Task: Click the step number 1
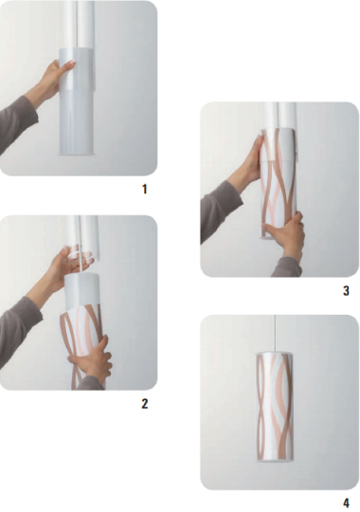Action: [145, 189]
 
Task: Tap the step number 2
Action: [145, 404]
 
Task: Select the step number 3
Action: [346, 291]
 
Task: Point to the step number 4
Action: [346, 503]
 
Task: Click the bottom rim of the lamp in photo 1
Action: [77, 154]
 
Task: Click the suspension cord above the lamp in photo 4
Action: [276, 334]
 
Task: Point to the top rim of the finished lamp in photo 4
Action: [275, 353]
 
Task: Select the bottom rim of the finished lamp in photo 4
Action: [275, 460]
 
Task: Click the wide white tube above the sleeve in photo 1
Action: [77, 26]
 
